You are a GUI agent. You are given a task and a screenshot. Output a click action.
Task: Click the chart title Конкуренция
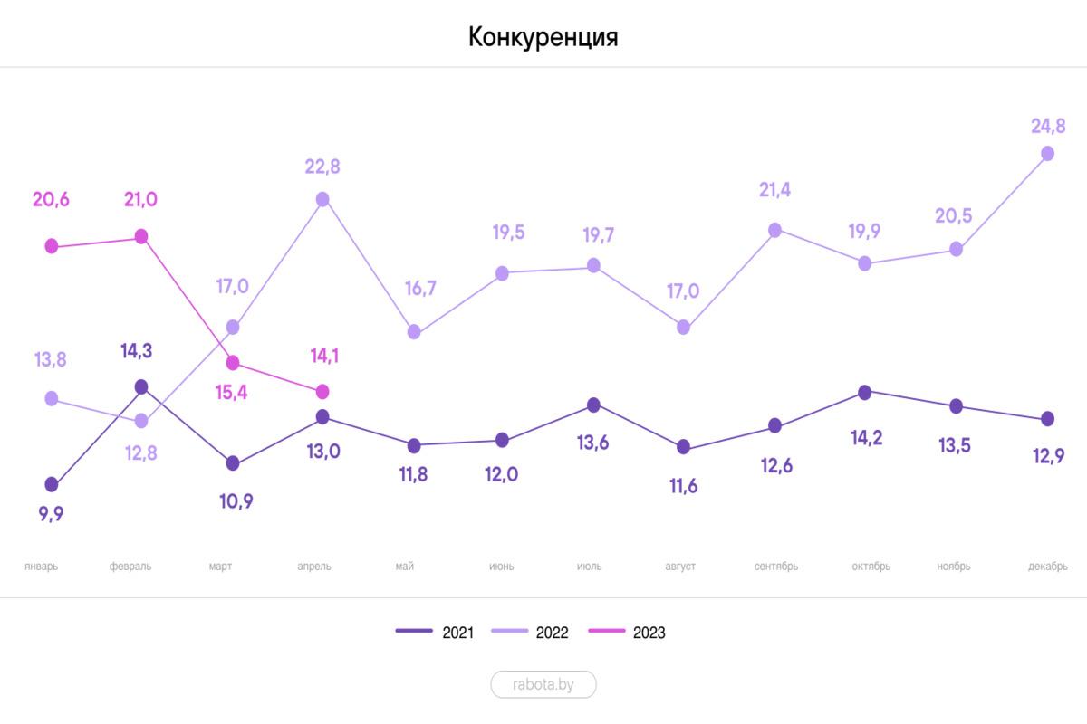pos(543,37)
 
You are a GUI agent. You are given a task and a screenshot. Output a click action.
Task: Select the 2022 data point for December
pos(1047,154)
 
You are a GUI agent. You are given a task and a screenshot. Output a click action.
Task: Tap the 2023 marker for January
pos(52,246)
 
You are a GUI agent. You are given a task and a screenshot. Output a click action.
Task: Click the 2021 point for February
pos(141,387)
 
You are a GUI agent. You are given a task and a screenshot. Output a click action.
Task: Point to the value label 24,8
pos(1047,126)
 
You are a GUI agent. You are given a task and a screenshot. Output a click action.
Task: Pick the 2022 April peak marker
pos(322,199)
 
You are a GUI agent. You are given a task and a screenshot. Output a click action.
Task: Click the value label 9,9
pos(51,514)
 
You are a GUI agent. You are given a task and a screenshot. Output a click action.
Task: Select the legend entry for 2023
pos(627,633)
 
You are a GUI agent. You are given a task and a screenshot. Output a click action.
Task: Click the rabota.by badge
pos(543,684)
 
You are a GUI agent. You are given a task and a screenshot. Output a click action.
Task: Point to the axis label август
pos(679,567)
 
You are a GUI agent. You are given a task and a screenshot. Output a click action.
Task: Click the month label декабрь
pos(1047,567)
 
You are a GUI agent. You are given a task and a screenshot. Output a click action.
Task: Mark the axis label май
pos(405,567)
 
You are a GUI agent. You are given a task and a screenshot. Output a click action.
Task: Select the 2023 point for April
pos(322,392)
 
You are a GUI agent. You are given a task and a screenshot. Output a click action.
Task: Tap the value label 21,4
pos(775,190)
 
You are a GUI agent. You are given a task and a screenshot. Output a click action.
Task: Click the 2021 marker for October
pos(865,393)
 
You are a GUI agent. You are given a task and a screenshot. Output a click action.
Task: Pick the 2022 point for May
pos(414,332)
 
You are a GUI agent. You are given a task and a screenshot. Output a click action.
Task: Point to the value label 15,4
pos(232,393)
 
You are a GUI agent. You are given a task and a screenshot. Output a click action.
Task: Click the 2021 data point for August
pos(684,447)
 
